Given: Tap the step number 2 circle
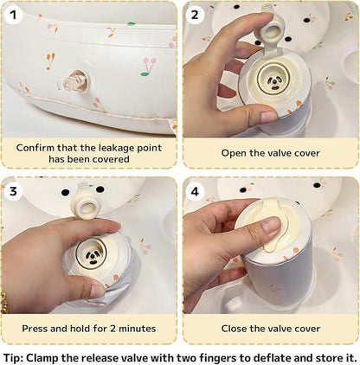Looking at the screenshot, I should [195, 15].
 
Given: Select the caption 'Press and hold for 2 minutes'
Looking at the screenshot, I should [89, 328].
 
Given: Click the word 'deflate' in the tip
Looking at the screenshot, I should [262, 355].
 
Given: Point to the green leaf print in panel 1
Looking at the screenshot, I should [132, 24].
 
